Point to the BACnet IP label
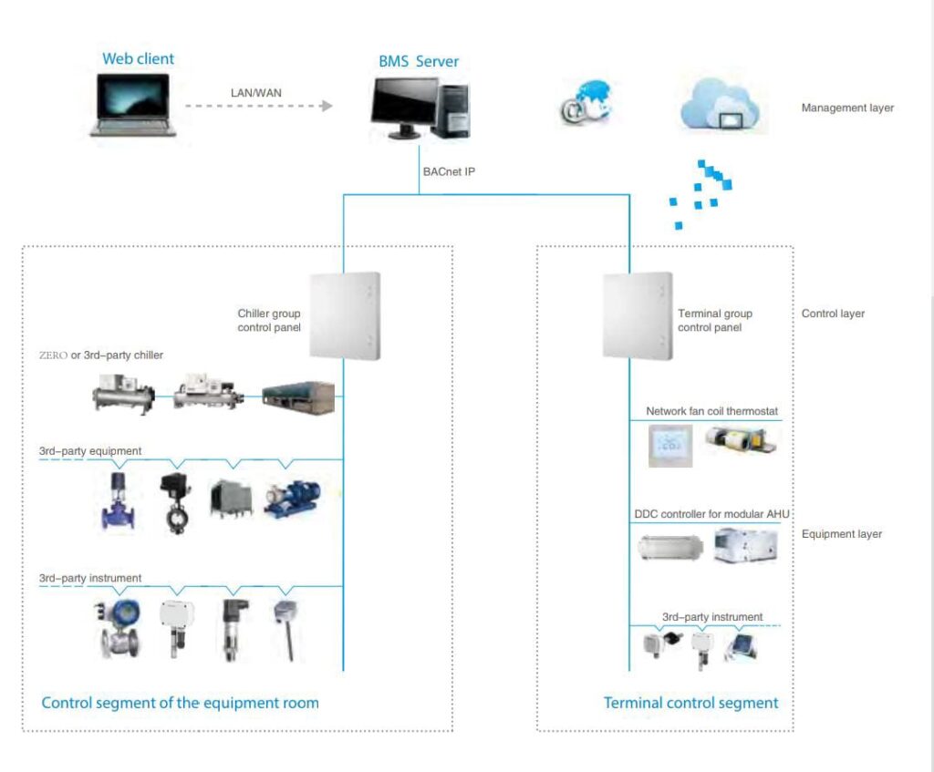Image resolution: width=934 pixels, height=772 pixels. (x=449, y=170)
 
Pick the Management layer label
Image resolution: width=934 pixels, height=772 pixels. (x=847, y=108)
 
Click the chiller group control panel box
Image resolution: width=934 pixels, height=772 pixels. (x=345, y=315)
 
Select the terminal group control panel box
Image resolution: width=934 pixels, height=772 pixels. (x=638, y=315)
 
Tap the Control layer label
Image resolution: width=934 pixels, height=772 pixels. (x=833, y=314)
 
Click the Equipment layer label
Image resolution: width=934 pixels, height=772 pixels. (x=841, y=534)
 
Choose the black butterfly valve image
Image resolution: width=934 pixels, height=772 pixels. (x=171, y=500)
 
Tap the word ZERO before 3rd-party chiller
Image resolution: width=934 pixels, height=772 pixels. (x=53, y=355)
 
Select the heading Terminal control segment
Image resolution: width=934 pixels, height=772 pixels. (x=690, y=703)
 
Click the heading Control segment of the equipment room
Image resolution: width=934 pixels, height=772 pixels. (x=180, y=703)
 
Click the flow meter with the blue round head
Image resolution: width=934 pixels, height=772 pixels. (x=119, y=627)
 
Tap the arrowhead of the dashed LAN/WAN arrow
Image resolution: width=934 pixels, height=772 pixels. (x=326, y=106)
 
